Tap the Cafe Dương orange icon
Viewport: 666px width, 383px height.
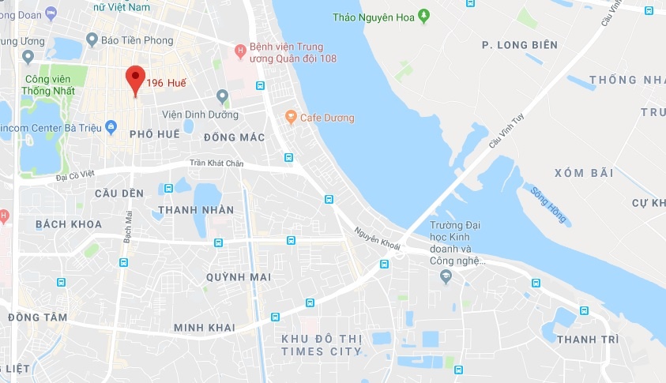tap(291, 118)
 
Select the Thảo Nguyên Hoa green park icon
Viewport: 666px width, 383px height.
tap(423, 16)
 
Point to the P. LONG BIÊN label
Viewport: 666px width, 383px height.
tap(519, 45)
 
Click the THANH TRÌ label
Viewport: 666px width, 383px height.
tap(587, 339)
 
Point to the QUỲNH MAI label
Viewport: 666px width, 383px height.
tap(238, 277)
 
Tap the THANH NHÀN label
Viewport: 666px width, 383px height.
tap(196, 210)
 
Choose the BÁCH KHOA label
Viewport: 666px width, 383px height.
tap(69, 224)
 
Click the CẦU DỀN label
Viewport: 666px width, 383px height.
tap(119, 193)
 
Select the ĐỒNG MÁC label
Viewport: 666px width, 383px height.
tap(233, 137)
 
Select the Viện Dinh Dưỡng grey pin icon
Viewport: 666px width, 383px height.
tap(223, 96)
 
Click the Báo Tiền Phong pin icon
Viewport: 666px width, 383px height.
tap(92, 39)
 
